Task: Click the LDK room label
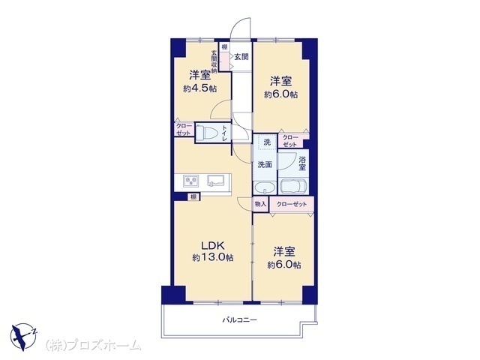(x=213, y=245)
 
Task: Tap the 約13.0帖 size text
(x=213, y=257)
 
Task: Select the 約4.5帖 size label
(x=200, y=88)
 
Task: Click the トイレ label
(x=225, y=133)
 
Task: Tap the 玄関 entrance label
(x=241, y=57)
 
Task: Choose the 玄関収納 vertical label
(x=214, y=61)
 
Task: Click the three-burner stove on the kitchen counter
(x=191, y=181)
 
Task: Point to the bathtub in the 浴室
(x=293, y=186)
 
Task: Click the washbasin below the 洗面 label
(x=265, y=187)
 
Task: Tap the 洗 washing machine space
(x=267, y=142)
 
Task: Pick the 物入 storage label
(x=260, y=204)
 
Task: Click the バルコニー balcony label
(x=240, y=320)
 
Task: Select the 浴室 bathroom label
(x=302, y=163)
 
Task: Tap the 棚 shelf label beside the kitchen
(x=193, y=196)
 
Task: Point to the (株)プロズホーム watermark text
(x=94, y=345)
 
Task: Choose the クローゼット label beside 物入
(x=292, y=205)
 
